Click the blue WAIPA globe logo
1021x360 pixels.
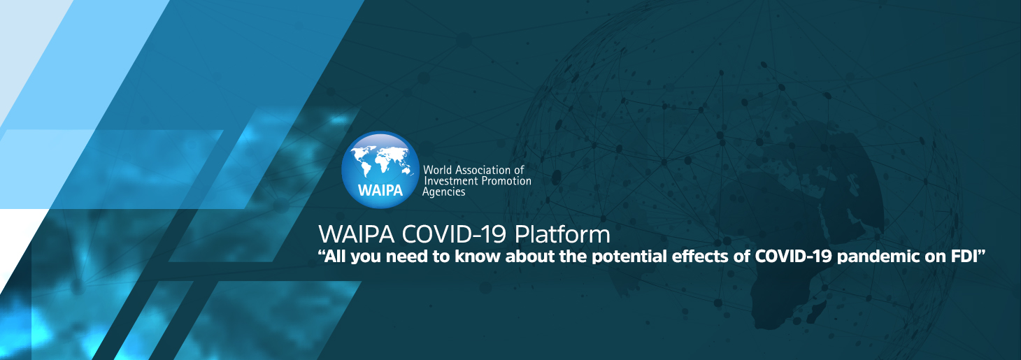[380, 170]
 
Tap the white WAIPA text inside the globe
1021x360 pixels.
[380, 190]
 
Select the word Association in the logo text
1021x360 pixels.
[484, 170]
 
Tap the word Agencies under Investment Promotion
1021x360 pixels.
[443, 192]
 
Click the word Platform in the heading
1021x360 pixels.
[562, 235]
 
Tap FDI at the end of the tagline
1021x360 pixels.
[964, 256]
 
